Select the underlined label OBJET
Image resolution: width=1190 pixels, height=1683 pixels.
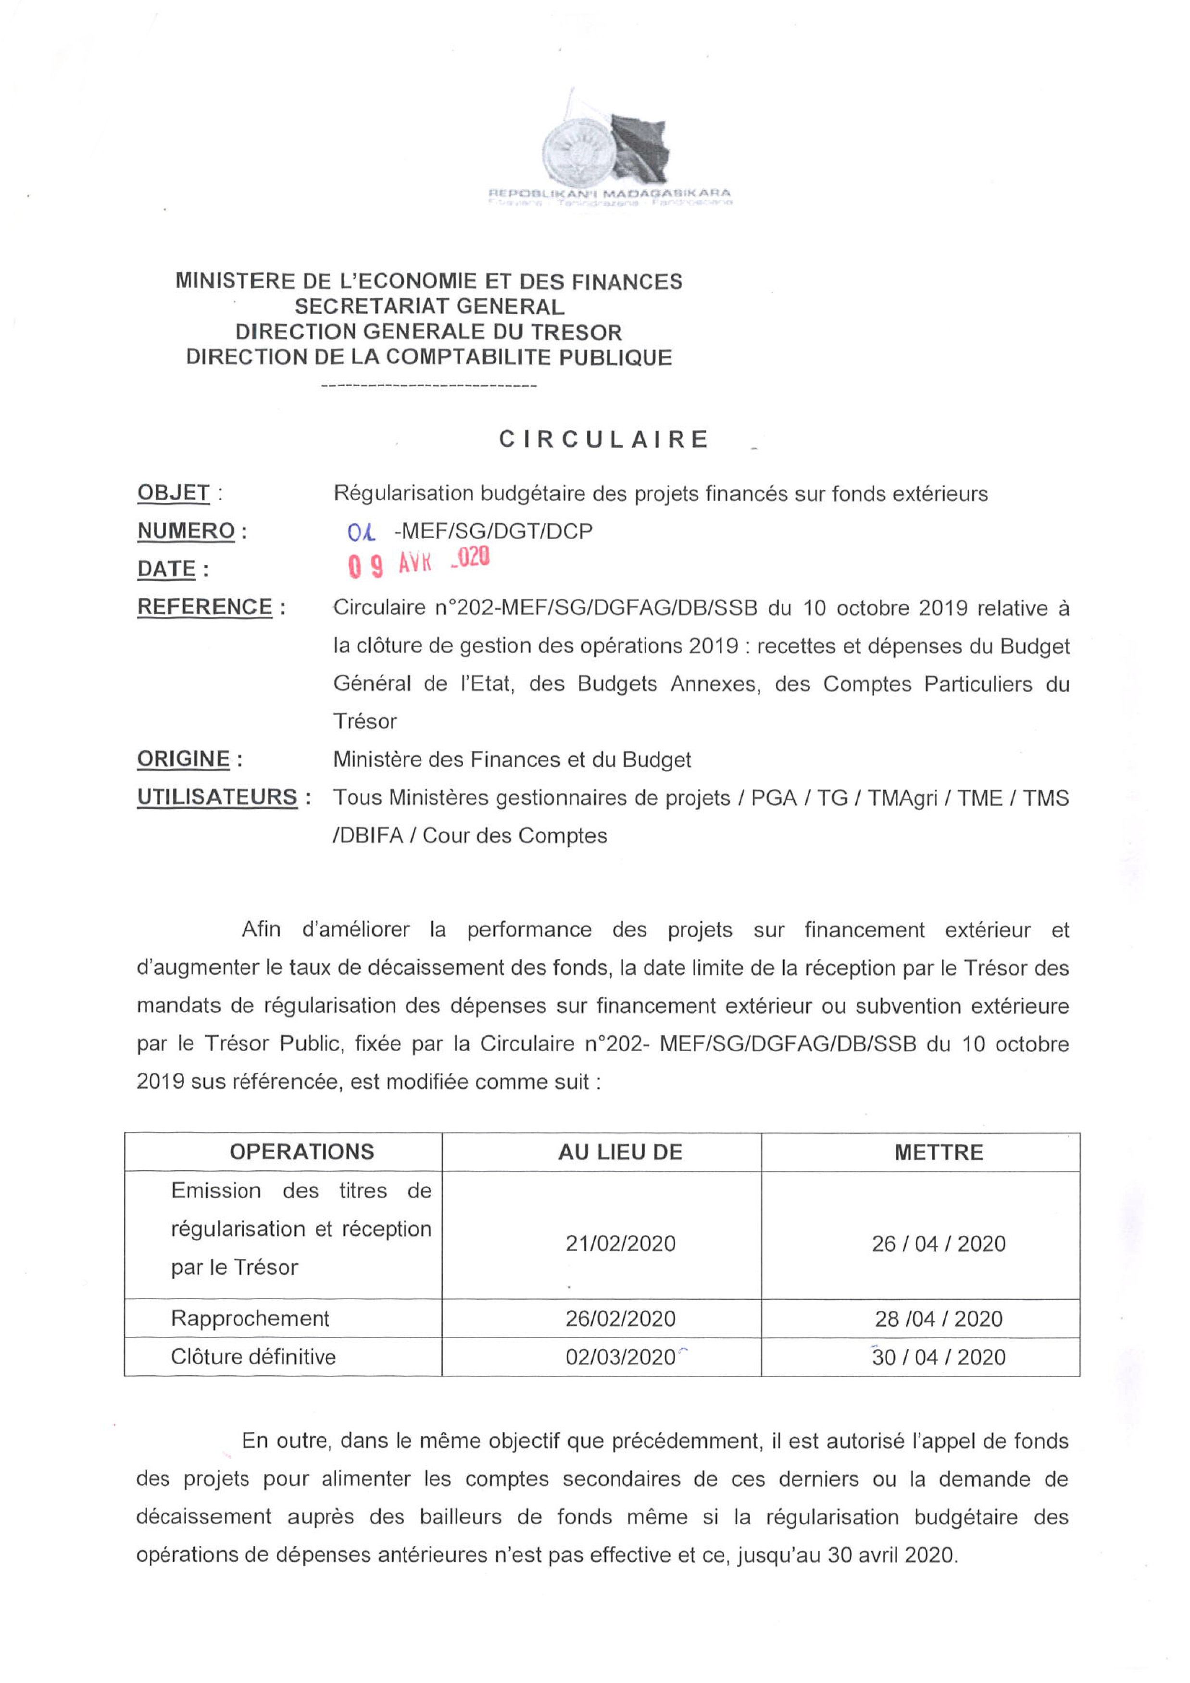click(x=174, y=493)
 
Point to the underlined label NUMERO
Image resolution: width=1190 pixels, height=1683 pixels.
click(x=186, y=531)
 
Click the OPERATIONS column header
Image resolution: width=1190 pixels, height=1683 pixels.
click(x=302, y=1152)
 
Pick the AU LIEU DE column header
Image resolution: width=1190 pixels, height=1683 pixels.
click(x=620, y=1152)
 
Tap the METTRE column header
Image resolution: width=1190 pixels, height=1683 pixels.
click(x=939, y=1152)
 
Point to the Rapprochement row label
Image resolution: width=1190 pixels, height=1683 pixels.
click(x=250, y=1318)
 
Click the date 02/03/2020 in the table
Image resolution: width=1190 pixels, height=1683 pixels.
click(x=620, y=1357)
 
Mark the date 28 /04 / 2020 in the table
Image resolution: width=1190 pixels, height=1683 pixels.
click(x=939, y=1319)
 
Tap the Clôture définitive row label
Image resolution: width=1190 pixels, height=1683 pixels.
click(x=253, y=1357)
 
